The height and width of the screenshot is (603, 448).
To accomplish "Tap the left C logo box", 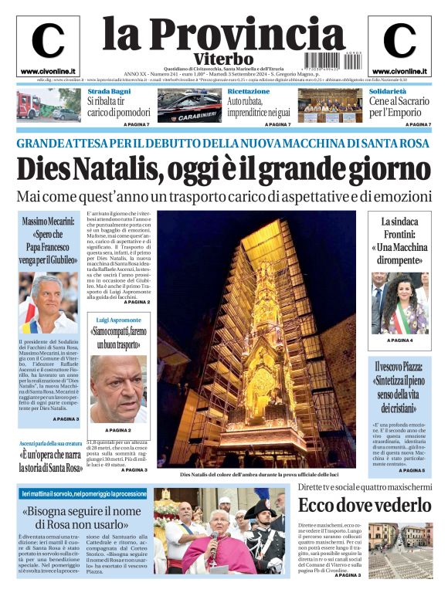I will click(48, 42).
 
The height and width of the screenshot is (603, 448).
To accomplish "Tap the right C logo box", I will click(399, 42).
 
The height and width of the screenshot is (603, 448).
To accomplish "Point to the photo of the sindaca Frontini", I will click(399, 303).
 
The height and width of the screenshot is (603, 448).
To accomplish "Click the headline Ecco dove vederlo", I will click(365, 506).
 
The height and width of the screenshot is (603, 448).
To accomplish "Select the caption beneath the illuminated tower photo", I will click(249, 474).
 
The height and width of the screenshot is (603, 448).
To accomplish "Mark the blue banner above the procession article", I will click(83, 493).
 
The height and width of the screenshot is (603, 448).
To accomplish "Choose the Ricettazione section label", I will click(249, 91).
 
